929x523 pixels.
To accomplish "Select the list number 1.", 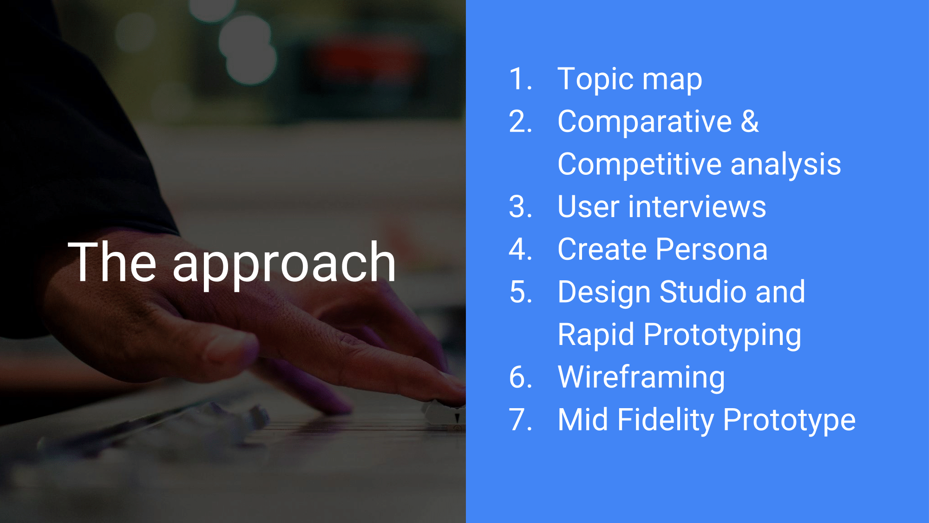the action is click(x=520, y=79).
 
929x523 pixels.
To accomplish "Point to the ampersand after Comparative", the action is click(x=750, y=121).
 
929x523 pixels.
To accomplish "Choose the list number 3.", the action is click(x=520, y=206).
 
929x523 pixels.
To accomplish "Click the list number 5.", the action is click(x=520, y=292).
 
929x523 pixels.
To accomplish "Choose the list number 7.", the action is click(x=520, y=419).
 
